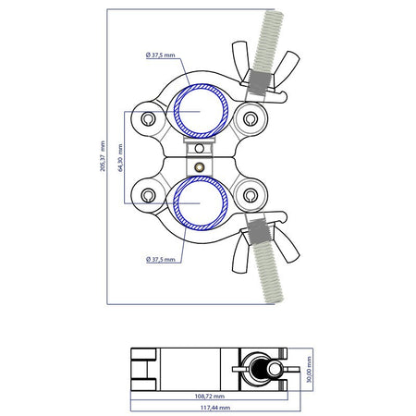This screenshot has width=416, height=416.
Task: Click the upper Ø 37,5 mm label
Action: pos(160,55)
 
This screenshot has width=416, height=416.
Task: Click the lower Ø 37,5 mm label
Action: pos(160,260)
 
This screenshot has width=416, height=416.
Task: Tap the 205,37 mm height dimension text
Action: pos(103,156)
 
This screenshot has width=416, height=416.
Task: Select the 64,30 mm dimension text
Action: pos(120,157)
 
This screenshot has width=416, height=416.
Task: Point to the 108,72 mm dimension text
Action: pos(210,396)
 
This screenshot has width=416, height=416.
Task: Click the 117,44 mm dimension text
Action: pos(215,408)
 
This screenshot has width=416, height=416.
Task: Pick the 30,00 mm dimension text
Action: pos(309,370)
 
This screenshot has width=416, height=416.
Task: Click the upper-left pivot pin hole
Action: pos(148,118)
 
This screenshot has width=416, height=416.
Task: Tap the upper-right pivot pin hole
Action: pos(251,118)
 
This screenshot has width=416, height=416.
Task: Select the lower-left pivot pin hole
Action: pos(148,195)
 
